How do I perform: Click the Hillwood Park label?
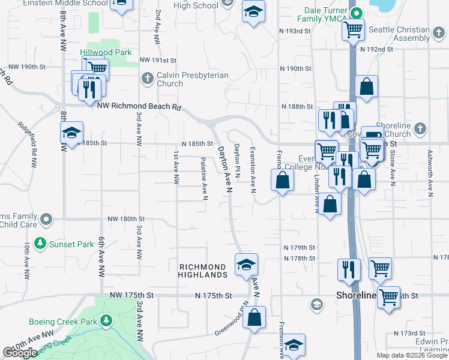[106, 52]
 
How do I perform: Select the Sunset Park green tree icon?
[40, 244]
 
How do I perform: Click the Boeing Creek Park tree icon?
[106, 321]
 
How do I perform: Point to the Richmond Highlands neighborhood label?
[203, 271]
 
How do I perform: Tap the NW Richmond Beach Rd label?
[139, 106]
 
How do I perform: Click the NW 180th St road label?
[125, 219]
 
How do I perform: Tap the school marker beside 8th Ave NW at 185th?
[72, 134]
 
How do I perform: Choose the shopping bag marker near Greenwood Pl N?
[255, 319]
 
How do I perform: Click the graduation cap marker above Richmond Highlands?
[246, 265]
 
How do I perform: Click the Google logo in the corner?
[20, 353]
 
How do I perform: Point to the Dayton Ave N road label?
[224, 170]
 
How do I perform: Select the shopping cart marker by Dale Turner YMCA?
[354, 28]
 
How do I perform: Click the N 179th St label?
[300, 247]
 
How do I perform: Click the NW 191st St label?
[158, 61]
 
